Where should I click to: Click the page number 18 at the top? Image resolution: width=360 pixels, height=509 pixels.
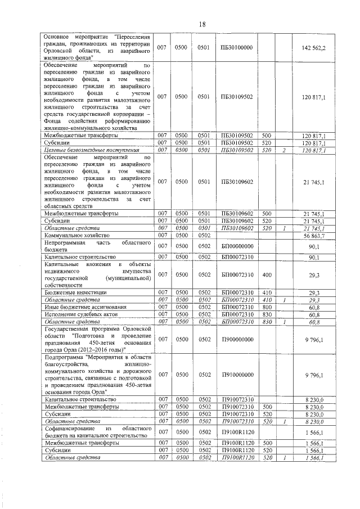coord(202,23)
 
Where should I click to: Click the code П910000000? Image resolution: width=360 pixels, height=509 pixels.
coord(237,374)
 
